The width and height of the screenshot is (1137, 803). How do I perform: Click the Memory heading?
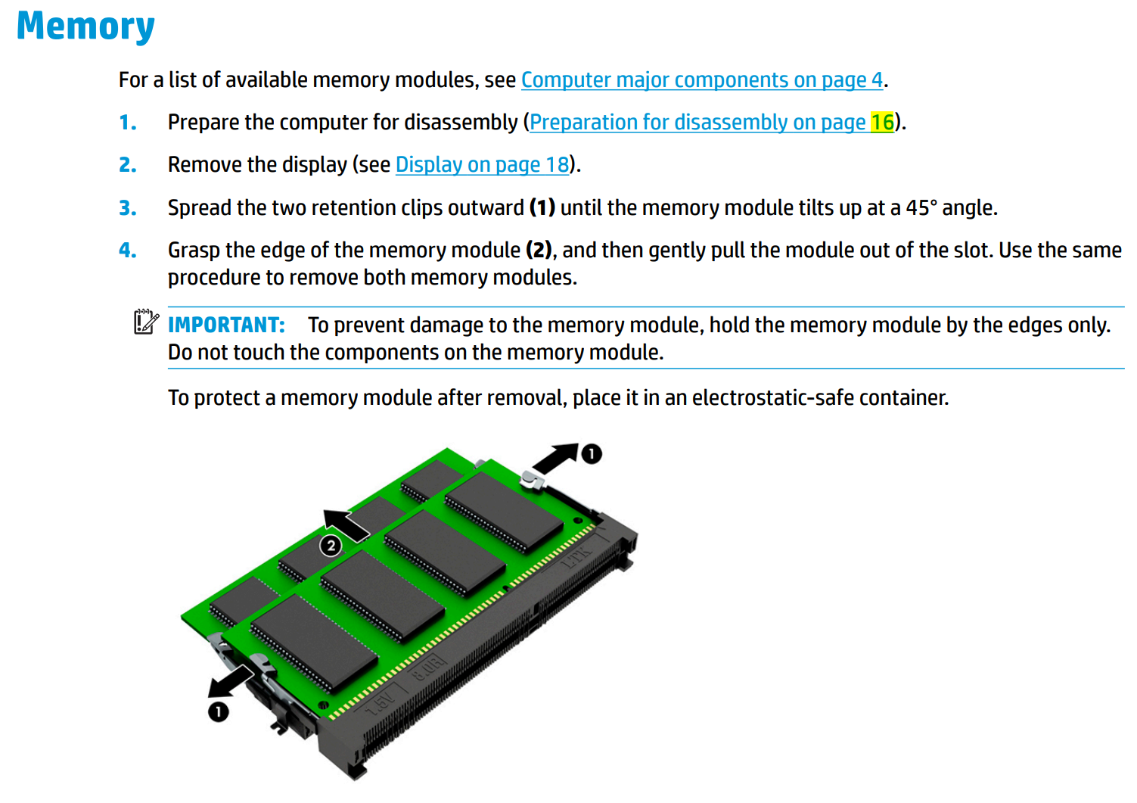(x=85, y=27)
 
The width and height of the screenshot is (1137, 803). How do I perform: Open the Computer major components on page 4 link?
(x=701, y=80)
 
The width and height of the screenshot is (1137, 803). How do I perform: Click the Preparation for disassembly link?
(x=697, y=123)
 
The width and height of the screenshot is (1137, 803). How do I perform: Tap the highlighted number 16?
(x=882, y=123)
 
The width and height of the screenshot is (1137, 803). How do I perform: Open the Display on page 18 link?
(x=482, y=165)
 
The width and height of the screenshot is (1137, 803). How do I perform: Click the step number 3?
(x=128, y=208)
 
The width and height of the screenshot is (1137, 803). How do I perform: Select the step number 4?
(x=128, y=251)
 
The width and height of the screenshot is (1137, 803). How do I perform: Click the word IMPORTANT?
(x=226, y=325)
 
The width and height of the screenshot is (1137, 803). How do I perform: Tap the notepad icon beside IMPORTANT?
(x=145, y=322)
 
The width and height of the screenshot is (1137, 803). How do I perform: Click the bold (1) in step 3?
(x=542, y=208)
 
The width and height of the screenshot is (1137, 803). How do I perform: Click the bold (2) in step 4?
(x=539, y=251)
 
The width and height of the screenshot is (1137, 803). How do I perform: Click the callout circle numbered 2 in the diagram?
(x=331, y=546)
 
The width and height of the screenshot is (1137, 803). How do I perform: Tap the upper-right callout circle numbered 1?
(x=591, y=454)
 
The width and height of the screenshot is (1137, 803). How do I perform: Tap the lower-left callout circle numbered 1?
(x=219, y=711)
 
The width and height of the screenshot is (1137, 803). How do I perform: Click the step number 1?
(x=128, y=123)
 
